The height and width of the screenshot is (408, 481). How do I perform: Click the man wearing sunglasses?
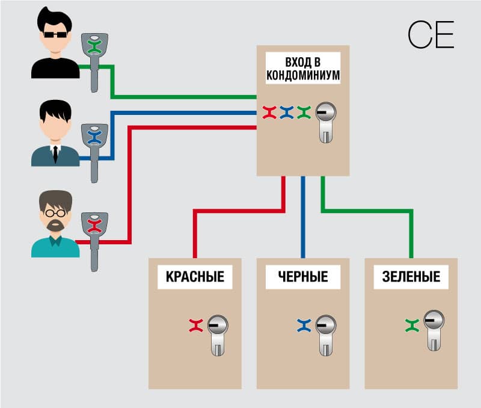coord(55,45)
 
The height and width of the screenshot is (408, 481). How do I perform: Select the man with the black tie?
coord(55,134)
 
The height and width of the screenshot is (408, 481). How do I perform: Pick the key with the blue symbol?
coord(94,147)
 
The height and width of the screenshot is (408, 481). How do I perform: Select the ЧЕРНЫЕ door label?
coord(303,277)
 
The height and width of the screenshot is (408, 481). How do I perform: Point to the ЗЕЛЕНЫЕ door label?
coord(411,277)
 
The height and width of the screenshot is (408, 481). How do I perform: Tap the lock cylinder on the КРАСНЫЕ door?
coord(218,333)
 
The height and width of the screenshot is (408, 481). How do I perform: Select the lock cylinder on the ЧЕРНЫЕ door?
coord(325,333)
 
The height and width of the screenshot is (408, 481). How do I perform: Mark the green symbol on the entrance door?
coord(304,112)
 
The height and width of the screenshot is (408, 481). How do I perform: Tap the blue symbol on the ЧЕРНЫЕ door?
coord(304,326)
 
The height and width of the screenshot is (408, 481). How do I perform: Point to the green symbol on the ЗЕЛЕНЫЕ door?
coord(412,326)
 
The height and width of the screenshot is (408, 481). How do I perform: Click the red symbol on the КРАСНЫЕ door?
coord(196,326)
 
